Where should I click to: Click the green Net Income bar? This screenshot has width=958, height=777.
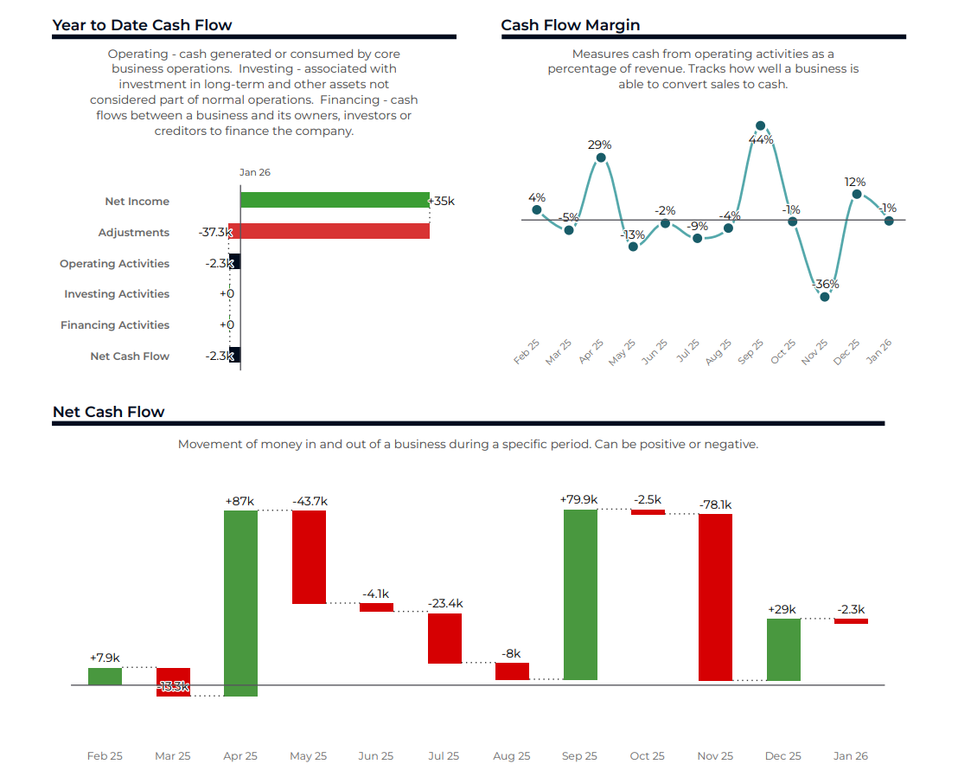point(335,200)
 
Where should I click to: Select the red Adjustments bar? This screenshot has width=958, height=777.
point(329,231)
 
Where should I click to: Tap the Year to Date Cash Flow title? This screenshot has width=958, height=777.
point(142,25)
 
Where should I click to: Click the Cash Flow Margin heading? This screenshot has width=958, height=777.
point(571,25)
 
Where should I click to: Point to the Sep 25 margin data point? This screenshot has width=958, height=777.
point(760,126)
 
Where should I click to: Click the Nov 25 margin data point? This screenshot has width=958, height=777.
point(825,297)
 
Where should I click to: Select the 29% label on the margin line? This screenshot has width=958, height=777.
point(600,144)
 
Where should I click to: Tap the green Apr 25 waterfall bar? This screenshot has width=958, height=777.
point(240,602)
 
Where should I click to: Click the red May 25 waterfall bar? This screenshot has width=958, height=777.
point(309,556)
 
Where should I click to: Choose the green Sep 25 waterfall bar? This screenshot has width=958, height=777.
point(580,594)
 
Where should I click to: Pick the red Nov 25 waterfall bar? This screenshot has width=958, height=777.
point(716,597)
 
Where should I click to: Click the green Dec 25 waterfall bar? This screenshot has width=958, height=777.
point(783,649)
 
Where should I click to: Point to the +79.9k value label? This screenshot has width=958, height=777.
point(578,499)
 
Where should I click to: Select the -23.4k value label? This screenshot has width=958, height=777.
point(444,603)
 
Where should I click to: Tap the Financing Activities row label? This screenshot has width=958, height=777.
point(115,325)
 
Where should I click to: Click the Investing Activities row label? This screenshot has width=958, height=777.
point(117,294)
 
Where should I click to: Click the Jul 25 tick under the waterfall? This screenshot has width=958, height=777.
point(444,755)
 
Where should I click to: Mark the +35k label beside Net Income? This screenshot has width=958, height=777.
point(442,201)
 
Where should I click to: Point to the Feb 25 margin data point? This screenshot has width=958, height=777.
point(537,209)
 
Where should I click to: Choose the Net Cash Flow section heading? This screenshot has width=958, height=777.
point(108,412)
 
